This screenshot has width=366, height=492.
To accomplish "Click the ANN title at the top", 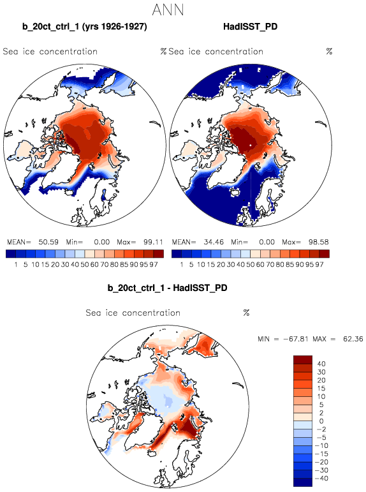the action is coord(168,10).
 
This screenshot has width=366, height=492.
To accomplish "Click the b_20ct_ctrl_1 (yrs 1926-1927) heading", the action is coord(84,27).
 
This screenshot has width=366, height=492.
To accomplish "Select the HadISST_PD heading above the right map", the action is coord(251,26).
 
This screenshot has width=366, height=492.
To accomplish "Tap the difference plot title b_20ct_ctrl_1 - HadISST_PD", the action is coord(167,288).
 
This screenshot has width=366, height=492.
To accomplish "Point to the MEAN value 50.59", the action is coord(48,242).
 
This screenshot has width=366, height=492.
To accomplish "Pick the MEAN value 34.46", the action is coord(214,242).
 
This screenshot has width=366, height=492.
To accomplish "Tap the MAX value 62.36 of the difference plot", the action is coord(353,339).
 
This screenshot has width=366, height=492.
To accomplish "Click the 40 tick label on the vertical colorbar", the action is coord(321,364).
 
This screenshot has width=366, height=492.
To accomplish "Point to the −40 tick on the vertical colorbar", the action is coord(321,479).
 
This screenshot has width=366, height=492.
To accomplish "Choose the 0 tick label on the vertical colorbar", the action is coord(321,421).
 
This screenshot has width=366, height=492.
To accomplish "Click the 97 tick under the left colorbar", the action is coord(154,265).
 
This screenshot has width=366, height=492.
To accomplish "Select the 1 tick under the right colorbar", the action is coord(181,265).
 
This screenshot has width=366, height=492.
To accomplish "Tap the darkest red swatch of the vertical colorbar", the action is coord(303,359).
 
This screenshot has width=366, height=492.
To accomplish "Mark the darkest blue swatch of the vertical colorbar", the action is coord(303,482).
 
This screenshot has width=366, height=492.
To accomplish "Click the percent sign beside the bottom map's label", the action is coord(246,313).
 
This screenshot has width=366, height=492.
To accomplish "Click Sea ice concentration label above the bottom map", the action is coord(133,313).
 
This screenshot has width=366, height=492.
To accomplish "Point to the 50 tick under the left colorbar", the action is coord(85,265).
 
